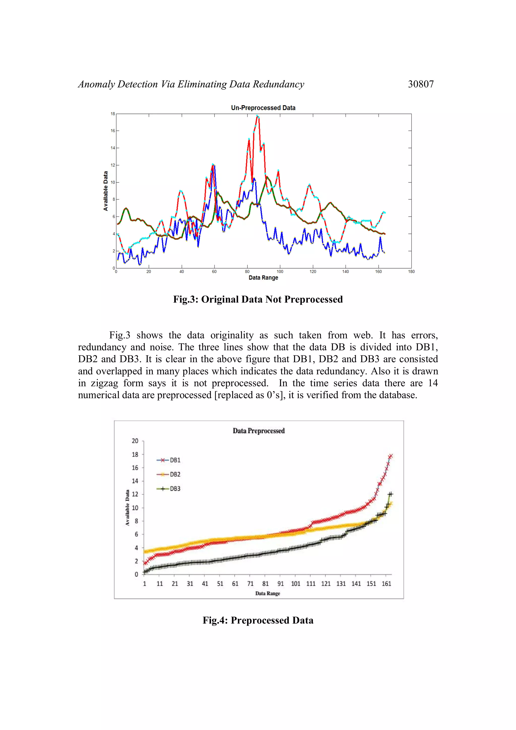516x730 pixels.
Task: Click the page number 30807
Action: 421,84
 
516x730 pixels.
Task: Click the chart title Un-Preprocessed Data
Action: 263,108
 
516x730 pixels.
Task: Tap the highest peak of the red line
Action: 257,116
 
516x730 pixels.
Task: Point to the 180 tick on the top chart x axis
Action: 411,272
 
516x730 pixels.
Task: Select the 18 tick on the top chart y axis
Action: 113,114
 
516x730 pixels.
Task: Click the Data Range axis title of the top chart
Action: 263,278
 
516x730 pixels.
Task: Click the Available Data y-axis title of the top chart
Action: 106,191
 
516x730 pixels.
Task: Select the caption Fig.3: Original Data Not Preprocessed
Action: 258,299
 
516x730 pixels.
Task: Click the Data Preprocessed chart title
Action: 259,431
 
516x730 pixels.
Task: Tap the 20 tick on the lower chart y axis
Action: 135,441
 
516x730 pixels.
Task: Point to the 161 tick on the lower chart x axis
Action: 386,584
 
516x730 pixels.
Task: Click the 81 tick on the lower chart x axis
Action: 266,584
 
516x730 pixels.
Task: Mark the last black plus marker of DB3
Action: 391,494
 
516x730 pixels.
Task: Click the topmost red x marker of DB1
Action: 391,456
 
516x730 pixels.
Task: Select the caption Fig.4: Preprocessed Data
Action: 258,620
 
